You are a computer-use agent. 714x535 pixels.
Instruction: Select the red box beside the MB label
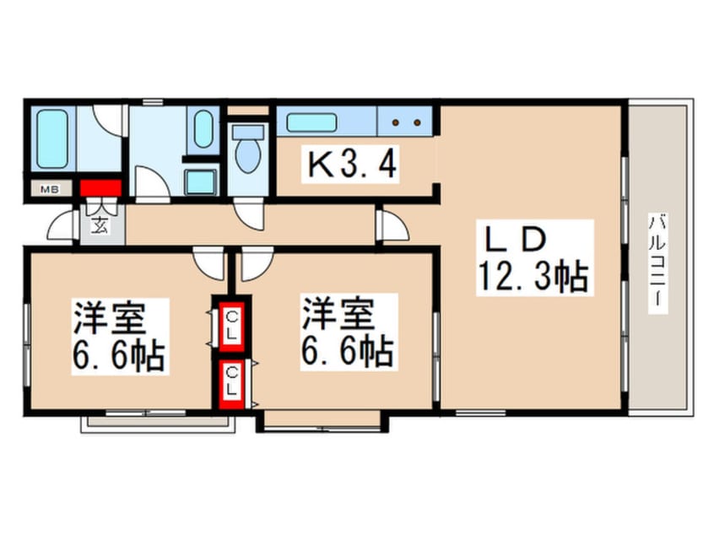pyautogui.click(x=100, y=187)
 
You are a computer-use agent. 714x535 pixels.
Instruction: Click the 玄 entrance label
pyautogui.click(x=100, y=226)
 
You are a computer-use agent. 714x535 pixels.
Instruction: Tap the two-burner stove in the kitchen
pyautogui.click(x=404, y=122)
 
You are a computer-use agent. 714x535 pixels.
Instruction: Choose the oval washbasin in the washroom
pyautogui.click(x=203, y=129)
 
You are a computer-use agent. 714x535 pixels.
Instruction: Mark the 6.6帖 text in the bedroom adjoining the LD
pyautogui.click(x=348, y=350)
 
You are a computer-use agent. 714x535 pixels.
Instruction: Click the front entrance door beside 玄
pyautogui.click(x=64, y=228)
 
